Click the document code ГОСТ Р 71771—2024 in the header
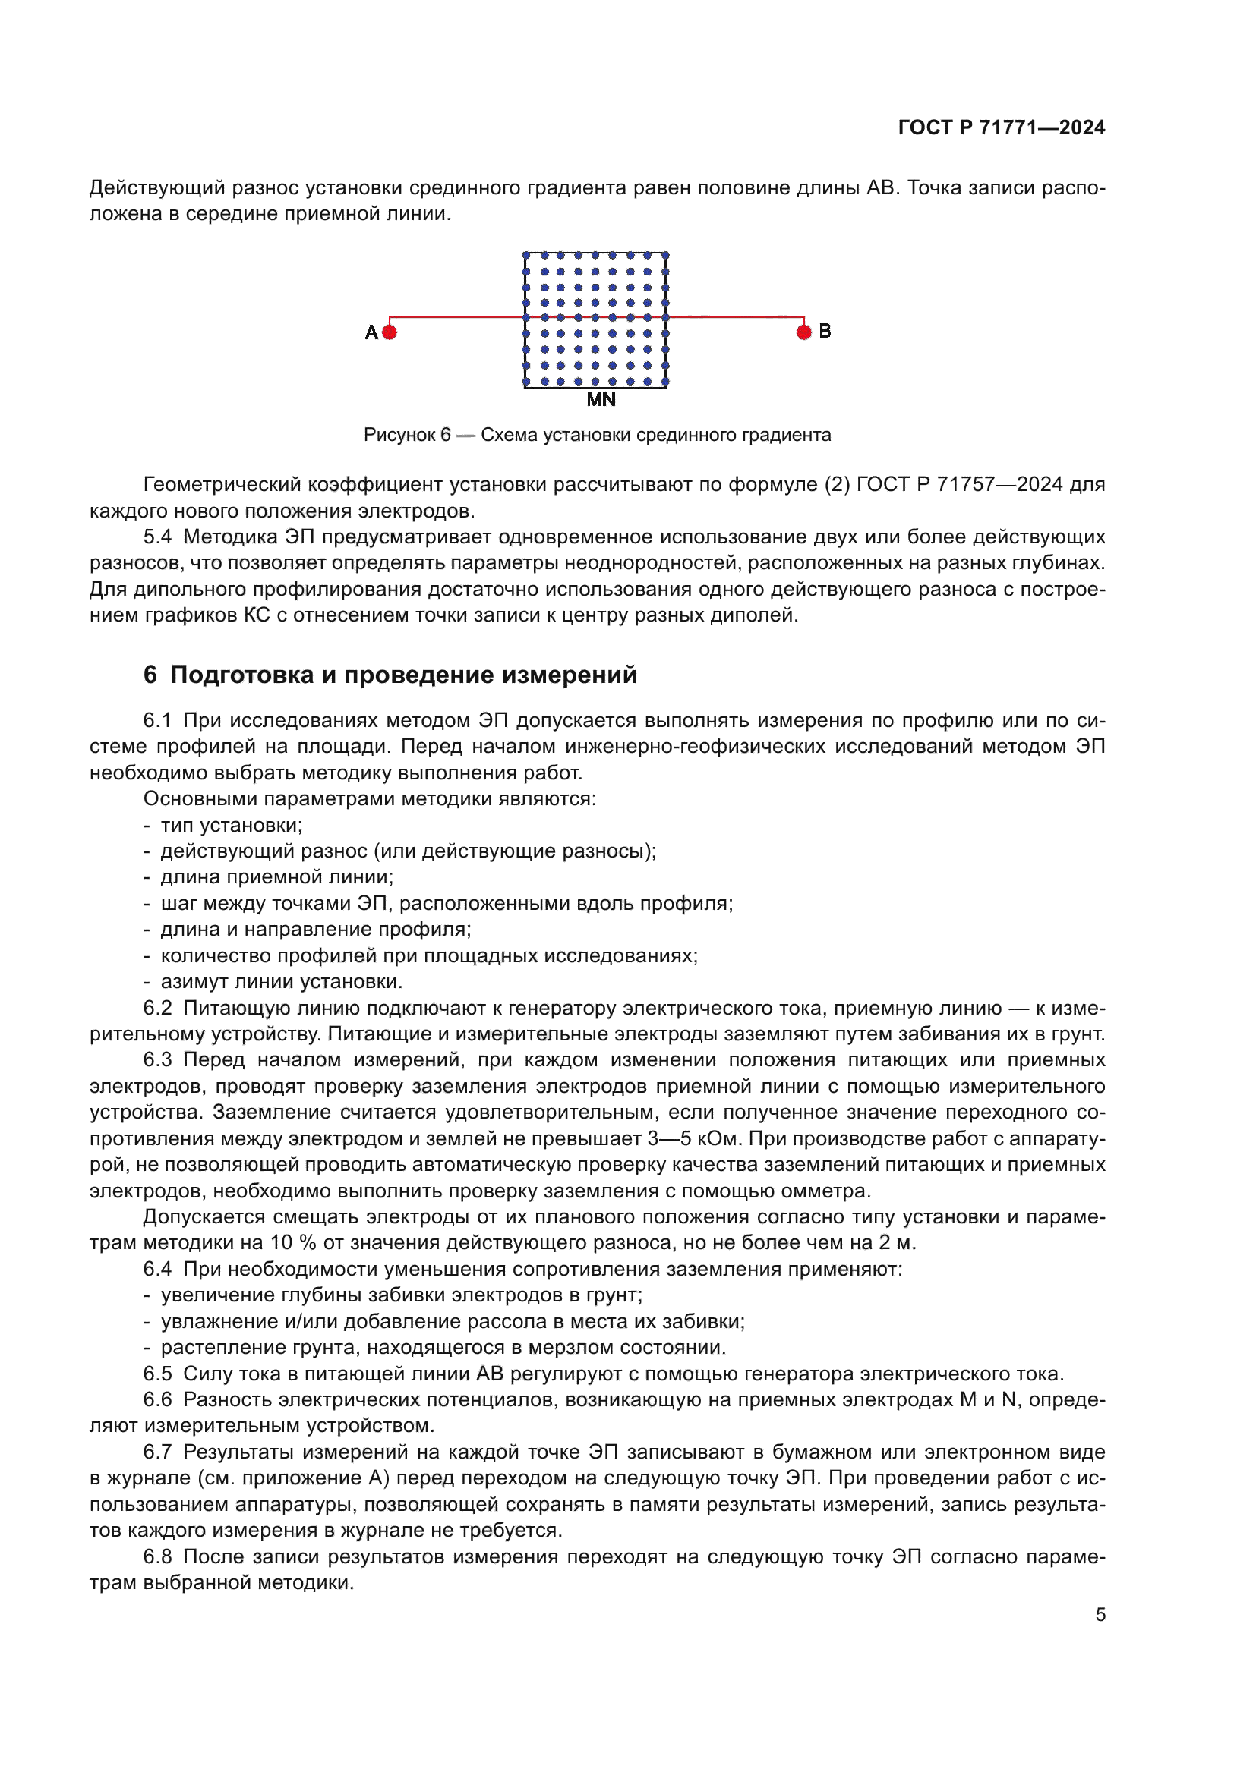tap(1001, 127)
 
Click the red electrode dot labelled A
tap(390, 332)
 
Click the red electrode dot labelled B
tap(803, 332)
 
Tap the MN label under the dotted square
tap(601, 400)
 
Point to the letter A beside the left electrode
tap(371, 332)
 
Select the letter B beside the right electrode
tap(825, 331)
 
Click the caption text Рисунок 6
tap(407, 436)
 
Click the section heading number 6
tap(150, 675)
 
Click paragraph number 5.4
tap(157, 537)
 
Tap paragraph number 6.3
tap(157, 1060)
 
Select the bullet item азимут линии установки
tap(281, 982)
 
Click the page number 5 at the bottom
tap(1100, 1615)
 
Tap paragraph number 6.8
tap(157, 1556)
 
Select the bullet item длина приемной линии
tap(276, 877)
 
